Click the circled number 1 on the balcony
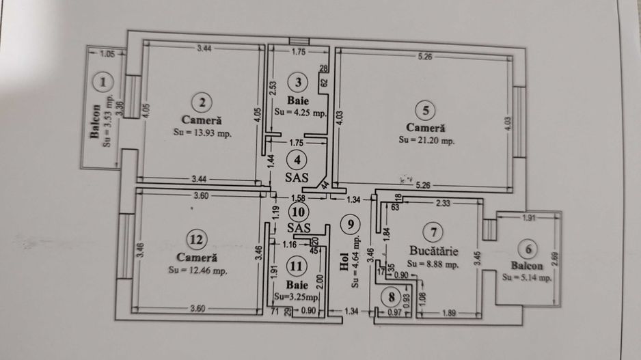103,83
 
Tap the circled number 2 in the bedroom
202,102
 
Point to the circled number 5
425,109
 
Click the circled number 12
196,240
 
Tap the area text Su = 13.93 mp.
202,134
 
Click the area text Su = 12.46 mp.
197,271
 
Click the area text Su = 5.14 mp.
526,278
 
